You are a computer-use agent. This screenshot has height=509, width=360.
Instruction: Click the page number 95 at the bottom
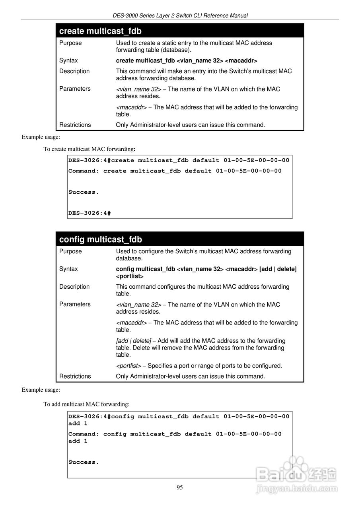[180, 488]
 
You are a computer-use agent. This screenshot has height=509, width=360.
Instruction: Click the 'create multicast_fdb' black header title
[100, 31]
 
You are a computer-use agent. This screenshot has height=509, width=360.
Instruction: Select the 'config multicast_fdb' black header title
[100, 239]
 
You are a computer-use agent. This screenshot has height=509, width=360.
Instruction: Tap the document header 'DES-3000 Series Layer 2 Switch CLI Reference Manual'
[180, 16]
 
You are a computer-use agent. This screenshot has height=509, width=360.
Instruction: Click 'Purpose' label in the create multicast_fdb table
[70, 43]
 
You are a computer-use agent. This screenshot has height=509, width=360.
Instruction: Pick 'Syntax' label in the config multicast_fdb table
[68, 269]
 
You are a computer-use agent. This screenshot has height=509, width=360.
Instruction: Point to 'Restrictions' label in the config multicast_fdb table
[75, 376]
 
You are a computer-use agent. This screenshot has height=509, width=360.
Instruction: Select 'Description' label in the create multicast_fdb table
[74, 71]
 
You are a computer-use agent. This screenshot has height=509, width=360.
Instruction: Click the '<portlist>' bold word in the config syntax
[130, 276]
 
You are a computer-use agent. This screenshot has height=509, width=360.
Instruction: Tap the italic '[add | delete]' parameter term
[133, 341]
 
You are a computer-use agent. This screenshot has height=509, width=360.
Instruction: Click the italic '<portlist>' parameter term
[128, 366]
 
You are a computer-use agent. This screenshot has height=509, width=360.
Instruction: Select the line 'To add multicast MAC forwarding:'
[86, 404]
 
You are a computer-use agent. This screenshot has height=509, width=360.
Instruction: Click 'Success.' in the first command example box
[84, 192]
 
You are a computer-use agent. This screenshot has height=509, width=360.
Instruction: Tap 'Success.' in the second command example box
[84, 462]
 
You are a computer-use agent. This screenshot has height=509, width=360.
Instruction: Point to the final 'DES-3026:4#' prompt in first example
[89, 213]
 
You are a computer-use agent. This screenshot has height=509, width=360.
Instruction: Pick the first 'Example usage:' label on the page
[41, 137]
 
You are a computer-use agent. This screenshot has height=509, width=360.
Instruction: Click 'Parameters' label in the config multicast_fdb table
[75, 304]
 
